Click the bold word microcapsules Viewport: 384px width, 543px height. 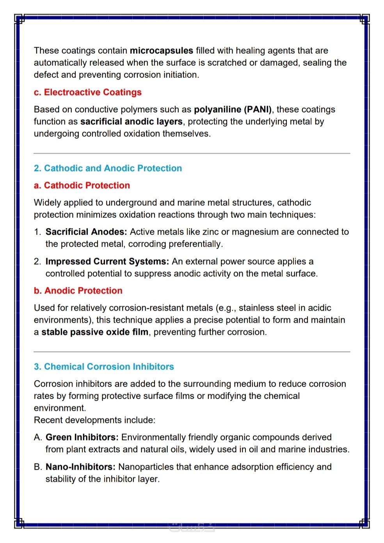coord(161,51)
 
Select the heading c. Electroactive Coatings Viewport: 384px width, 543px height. coord(87,92)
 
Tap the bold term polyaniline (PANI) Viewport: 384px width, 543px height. coord(233,110)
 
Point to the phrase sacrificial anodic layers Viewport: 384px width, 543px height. coord(131,122)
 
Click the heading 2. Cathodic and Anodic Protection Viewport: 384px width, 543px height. coord(108,168)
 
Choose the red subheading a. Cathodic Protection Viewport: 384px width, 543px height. coord(82,186)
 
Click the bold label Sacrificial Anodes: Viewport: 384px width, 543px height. coord(86,232)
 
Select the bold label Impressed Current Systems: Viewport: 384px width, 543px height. coord(107,262)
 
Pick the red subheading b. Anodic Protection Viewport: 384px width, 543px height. coord(78,291)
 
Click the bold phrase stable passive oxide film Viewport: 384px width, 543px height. coord(95,332)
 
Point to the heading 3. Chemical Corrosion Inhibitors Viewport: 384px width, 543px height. coord(104,367)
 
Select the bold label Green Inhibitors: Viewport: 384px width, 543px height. coord(82,437)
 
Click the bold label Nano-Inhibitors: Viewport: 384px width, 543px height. coord(80,467)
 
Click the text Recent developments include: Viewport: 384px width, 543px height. coord(94,420)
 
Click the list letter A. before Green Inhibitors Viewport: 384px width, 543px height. coord(38,437)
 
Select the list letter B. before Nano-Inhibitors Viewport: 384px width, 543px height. coord(38,467)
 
